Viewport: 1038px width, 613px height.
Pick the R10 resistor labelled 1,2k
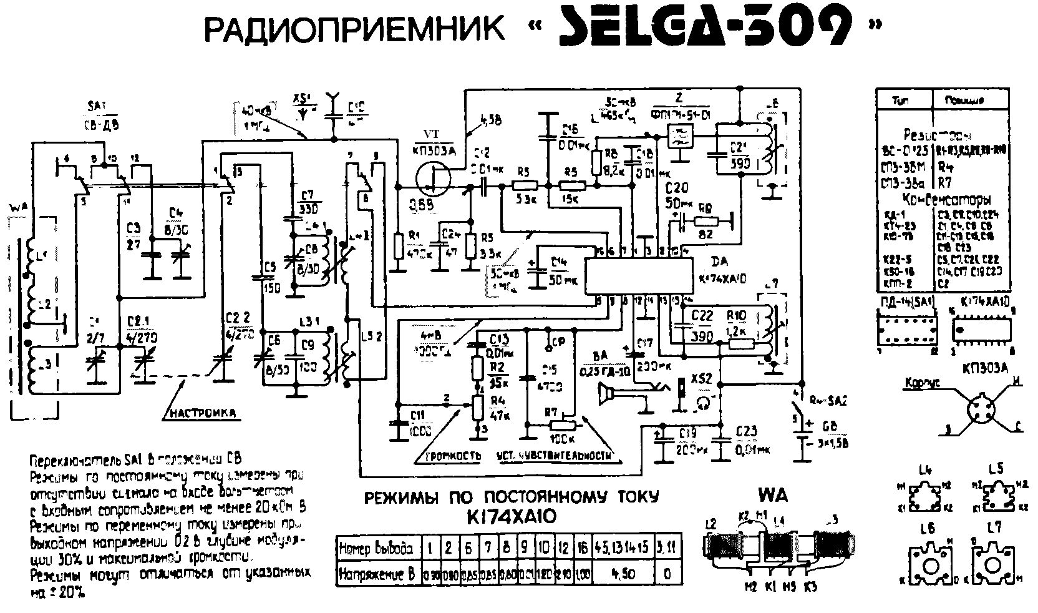(x=740, y=343)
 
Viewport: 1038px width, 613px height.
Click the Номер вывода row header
(x=376, y=549)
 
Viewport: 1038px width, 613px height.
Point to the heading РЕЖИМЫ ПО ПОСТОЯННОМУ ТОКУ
(x=511, y=498)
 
